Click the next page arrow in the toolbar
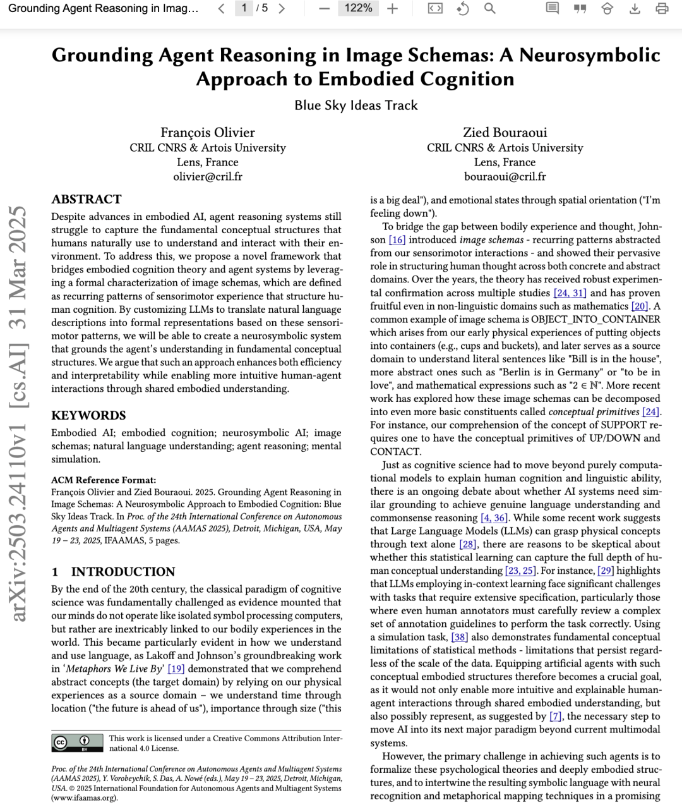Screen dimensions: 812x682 pyautogui.click(x=282, y=8)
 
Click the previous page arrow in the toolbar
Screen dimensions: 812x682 pyautogui.click(x=222, y=8)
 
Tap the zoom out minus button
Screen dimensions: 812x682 pyautogui.click(x=325, y=8)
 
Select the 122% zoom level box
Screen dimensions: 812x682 pyautogui.click(x=358, y=8)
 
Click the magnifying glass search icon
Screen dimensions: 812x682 pyautogui.click(x=489, y=8)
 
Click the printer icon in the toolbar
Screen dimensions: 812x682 pyautogui.click(x=662, y=8)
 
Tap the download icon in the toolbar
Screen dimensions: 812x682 pyautogui.click(x=635, y=8)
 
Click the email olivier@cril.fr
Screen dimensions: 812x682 pyautogui.click(x=208, y=176)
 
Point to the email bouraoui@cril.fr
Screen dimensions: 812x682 pyautogui.click(x=505, y=176)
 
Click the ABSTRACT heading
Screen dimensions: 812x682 pyautogui.click(x=87, y=199)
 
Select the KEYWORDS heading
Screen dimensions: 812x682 pyautogui.click(x=88, y=415)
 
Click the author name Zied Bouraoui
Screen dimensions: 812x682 pyautogui.click(x=505, y=132)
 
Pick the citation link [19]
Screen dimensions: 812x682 pyautogui.click(x=176, y=669)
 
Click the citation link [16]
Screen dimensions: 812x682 pyautogui.click(x=397, y=239)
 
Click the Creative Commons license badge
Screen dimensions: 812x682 pyautogui.click(x=78, y=742)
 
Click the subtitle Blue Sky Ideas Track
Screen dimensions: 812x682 pyautogui.click(x=356, y=105)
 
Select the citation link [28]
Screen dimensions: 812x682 pyautogui.click(x=468, y=544)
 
